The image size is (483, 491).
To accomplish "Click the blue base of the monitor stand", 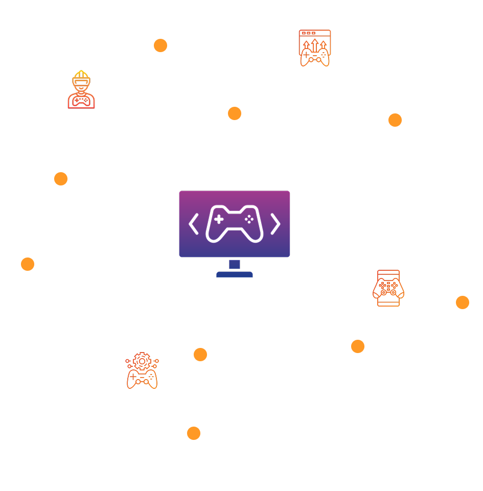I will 234,274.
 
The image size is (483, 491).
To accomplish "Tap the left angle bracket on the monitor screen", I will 194,224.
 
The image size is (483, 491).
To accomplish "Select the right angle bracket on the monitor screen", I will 275,224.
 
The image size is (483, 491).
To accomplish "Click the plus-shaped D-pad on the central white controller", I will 219,219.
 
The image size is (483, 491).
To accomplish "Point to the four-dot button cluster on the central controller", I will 249,219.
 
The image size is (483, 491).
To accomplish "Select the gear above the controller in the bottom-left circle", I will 142,361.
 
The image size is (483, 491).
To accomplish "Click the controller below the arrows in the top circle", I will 315,58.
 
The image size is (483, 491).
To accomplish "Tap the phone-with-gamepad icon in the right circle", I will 388,288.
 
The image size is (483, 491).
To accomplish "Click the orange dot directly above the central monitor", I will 235,113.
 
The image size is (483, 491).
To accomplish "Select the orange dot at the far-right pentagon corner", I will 463,302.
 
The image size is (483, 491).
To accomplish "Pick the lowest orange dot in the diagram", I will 194,433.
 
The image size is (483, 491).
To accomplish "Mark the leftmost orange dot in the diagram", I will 28,264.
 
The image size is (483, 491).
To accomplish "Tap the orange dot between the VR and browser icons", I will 160,45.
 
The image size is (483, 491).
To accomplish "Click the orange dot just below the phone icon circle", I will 358,346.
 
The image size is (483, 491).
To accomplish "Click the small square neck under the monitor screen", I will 235,264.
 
